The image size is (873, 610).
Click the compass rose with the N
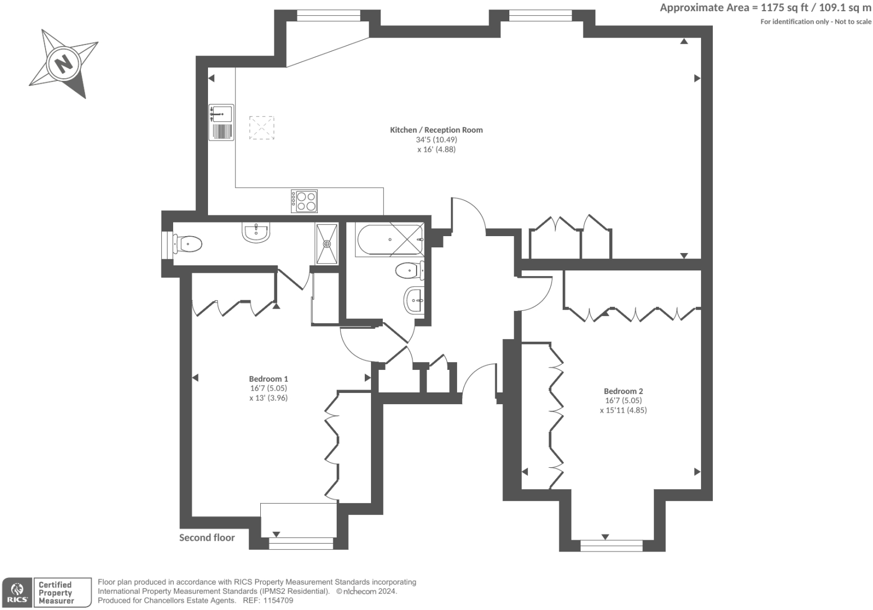point(63,63)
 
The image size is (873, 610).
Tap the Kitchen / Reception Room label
point(436,130)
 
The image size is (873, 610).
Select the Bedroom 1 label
point(268,379)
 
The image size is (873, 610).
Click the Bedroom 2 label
point(623,391)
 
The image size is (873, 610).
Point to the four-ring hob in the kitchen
point(304,201)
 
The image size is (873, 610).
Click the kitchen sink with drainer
point(221,122)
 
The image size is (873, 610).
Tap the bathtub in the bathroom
point(390,240)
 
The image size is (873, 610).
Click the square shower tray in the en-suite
point(327,244)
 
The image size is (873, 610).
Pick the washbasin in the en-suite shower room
point(256,232)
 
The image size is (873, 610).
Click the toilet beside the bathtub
point(410,270)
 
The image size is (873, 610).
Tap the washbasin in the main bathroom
point(414,300)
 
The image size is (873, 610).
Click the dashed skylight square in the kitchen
point(261,128)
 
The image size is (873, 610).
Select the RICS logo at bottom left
point(17,593)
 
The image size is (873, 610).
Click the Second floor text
point(207,537)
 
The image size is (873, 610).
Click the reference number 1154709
point(275,600)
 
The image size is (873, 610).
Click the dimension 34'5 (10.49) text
point(436,139)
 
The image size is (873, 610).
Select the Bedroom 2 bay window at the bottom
point(611,545)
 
